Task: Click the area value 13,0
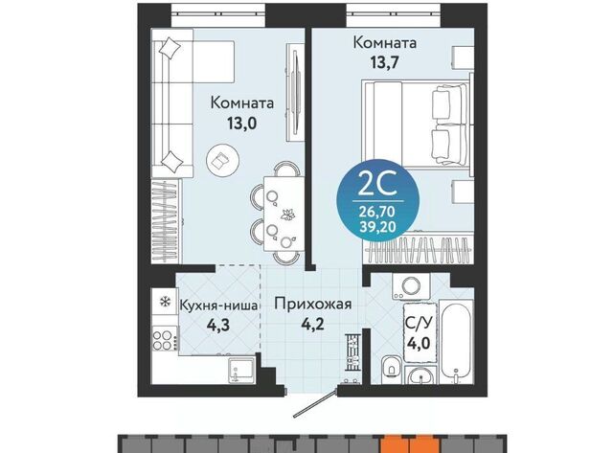(x=241, y=124)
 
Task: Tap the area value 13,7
(x=384, y=62)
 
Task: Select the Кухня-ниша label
(x=218, y=306)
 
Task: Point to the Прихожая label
(x=313, y=305)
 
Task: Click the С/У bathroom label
(x=419, y=324)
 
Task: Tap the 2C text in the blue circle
(x=377, y=185)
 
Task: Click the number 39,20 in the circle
(x=377, y=225)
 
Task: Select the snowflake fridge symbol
(x=166, y=302)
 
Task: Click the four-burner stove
(x=164, y=340)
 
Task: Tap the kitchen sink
(x=242, y=369)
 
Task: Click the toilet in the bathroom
(x=392, y=366)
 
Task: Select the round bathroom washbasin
(x=420, y=376)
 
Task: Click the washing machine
(x=411, y=286)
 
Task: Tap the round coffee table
(x=223, y=159)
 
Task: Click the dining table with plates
(x=284, y=214)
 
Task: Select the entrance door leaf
(x=315, y=402)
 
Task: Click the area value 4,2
(x=313, y=324)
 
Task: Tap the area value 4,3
(x=219, y=326)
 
